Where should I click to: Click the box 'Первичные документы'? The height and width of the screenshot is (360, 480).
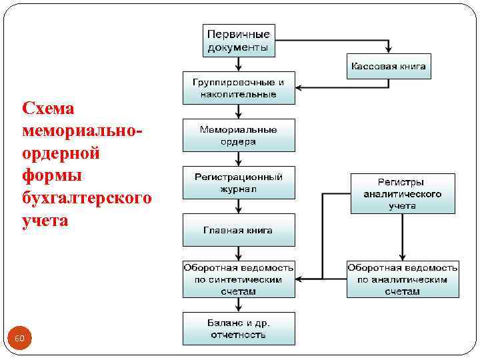tap(239, 41)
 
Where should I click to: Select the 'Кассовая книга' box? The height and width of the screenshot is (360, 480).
tap(389, 67)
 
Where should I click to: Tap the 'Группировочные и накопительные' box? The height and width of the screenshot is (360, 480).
tap(239, 89)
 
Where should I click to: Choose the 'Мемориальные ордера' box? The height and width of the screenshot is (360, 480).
tap(239, 135)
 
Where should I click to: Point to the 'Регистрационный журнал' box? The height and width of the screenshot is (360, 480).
tap(239, 183)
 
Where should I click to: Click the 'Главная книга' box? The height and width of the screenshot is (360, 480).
tap(239, 230)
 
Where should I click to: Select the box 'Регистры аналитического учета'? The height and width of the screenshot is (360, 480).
tap(403, 193)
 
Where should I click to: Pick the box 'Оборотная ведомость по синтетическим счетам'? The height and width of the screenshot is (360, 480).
tap(239, 279)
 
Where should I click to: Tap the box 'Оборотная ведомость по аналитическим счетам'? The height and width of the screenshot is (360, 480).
tap(403, 279)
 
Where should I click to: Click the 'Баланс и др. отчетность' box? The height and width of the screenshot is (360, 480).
tap(239, 328)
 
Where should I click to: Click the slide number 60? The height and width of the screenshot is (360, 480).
tap(19, 339)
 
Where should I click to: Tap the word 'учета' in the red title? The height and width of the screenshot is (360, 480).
tap(45, 220)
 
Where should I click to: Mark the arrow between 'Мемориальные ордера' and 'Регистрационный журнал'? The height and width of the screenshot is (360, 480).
tap(239, 159)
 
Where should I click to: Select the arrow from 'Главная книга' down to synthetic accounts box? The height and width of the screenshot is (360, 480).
tap(239, 253)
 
